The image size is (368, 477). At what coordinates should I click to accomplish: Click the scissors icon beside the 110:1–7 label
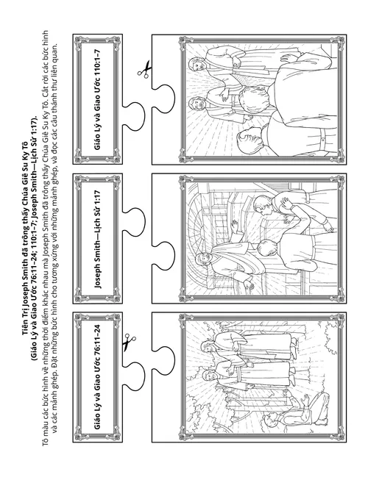coord(144,70)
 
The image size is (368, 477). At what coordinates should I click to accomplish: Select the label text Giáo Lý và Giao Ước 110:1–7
coord(97,99)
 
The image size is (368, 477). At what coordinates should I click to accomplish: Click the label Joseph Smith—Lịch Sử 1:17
coord(97,239)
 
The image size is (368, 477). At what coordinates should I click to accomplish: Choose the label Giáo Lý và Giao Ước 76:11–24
coord(97,377)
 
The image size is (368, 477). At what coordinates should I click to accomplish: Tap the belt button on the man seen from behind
coord(322,140)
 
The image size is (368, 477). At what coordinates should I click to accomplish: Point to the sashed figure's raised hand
coord(235,226)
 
